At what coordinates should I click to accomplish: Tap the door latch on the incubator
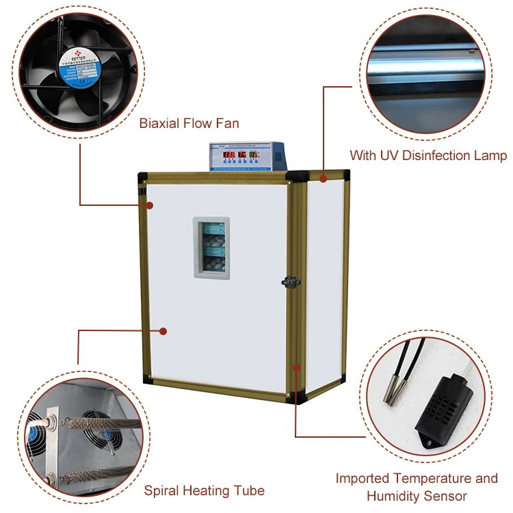(290, 280)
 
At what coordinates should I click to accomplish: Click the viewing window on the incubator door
(211, 248)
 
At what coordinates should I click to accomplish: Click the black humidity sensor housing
(444, 414)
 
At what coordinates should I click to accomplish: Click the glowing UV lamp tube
(424, 65)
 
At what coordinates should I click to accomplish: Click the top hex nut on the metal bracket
(50, 415)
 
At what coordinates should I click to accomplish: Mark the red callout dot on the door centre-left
(163, 331)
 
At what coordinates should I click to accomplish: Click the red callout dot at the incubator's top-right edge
(322, 179)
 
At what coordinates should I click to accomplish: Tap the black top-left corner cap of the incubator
(142, 176)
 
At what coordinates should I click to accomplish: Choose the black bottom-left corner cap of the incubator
(147, 378)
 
